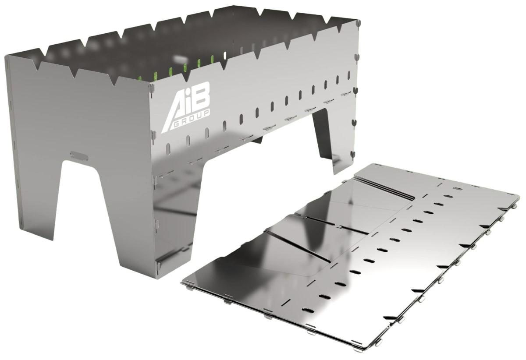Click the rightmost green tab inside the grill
(x=213, y=60)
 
